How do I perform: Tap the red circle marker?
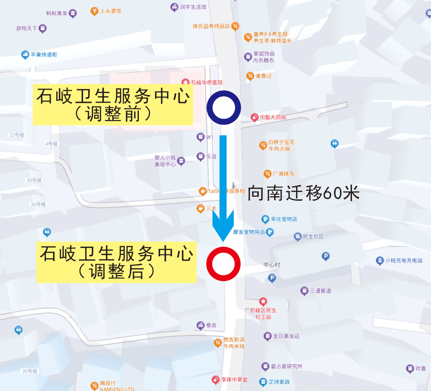click(223, 263)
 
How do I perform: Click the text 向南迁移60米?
click(304, 194)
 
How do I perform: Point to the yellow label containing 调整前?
click(113, 105)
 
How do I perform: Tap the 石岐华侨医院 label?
click(206, 82)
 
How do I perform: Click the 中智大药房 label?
click(273, 118)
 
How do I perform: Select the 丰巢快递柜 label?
click(44, 54)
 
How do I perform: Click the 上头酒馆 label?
click(110, 11)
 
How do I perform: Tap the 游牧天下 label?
click(27, 28)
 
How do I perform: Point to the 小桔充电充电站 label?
click(403, 261)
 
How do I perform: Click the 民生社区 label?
click(313, 236)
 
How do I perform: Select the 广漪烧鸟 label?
click(283, 174)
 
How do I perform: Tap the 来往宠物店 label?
click(284, 219)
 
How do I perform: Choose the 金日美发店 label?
click(286, 336)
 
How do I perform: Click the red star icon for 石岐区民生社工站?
click(263, 301)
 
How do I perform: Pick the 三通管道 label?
click(320, 291)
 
